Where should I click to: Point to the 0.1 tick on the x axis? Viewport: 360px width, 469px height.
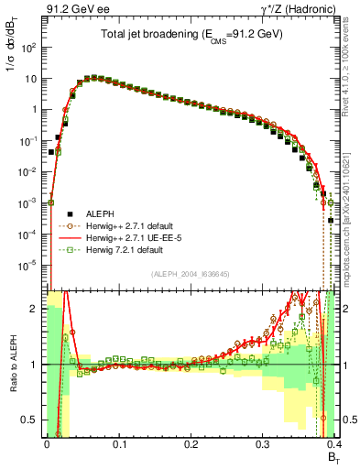pos(118,444)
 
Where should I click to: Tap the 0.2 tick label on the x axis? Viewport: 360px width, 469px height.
pos(191,444)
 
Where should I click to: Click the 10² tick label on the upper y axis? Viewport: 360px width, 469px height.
pos(31,47)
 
